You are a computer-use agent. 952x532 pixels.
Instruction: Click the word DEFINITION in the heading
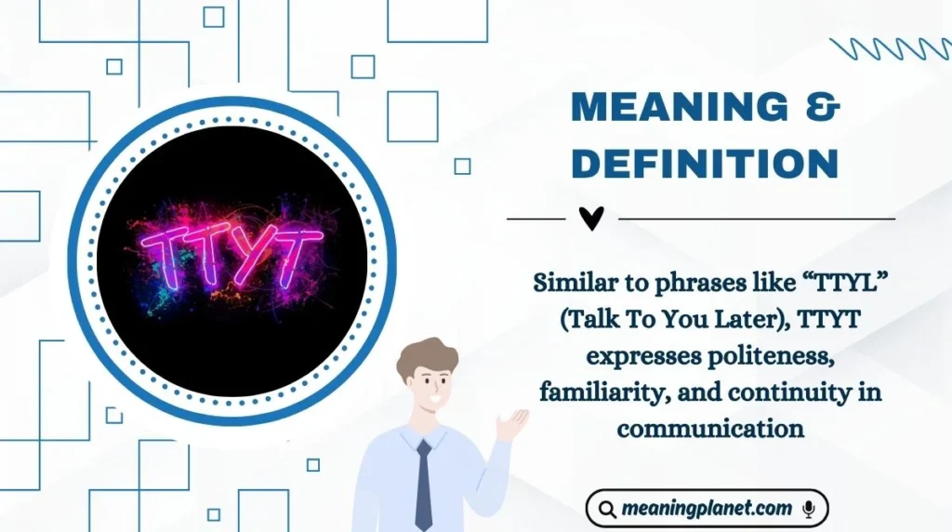[x=705, y=163]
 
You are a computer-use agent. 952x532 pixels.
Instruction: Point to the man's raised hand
[x=511, y=424]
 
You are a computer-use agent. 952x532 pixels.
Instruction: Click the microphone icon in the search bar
[x=809, y=509]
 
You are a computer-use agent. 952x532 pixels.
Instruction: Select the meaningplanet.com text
[x=708, y=509]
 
